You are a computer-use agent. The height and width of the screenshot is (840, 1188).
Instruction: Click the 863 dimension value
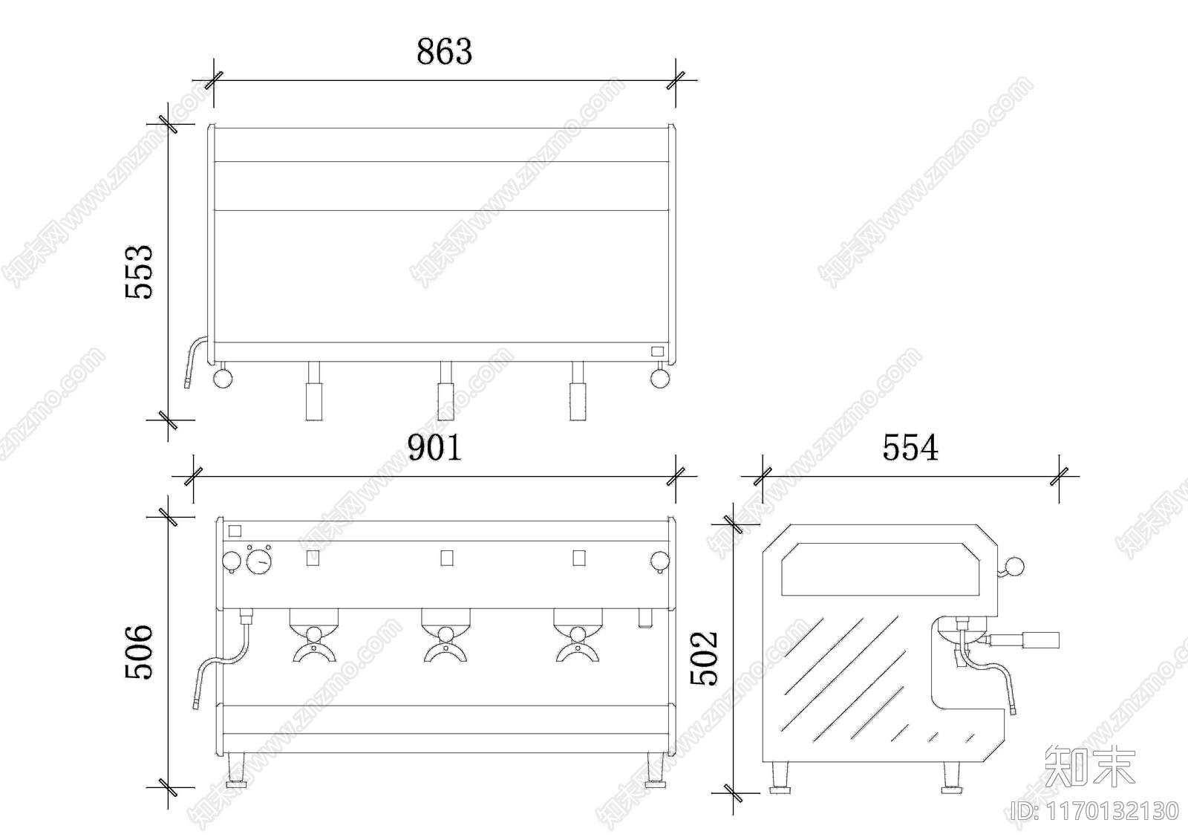[x=444, y=51]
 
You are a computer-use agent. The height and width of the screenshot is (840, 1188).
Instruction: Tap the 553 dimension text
[x=139, y=273]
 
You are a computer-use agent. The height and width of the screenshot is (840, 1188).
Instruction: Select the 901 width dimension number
[x=434, y=447]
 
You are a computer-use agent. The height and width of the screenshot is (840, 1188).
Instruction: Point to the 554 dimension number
[x=910, y=447]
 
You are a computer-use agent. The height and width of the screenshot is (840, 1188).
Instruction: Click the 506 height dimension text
[x=139, y=651]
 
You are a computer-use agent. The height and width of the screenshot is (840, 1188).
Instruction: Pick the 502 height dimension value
[x=704, y=658]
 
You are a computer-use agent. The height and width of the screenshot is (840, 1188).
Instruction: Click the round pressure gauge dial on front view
[x=259, y=561]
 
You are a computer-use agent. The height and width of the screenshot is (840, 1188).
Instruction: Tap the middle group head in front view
[x=446, y=636]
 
